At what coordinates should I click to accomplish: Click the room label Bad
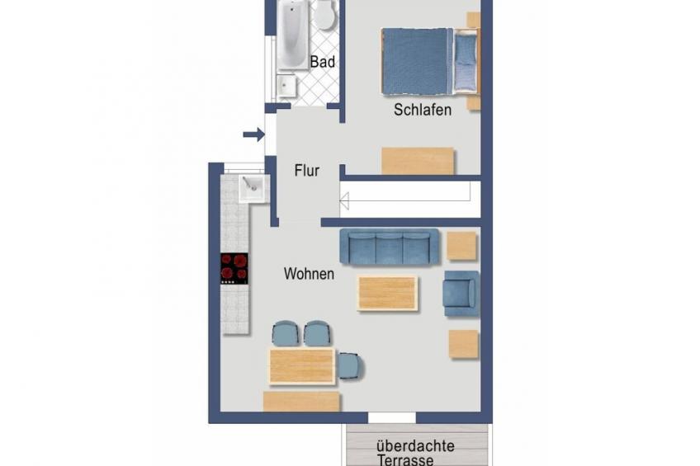[322, 62]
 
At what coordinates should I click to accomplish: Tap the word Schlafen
[423, 110]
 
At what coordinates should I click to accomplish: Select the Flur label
[307, 171]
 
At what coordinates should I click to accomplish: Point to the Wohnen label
[309, 273]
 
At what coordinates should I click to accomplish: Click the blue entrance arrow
[254, 134]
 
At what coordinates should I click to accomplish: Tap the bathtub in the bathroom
[293, 35]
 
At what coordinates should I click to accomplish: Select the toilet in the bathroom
[324, 16]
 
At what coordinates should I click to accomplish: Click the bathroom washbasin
[286, 86]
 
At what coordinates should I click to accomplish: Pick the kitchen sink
[253, 189]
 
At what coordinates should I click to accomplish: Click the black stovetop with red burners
[234, 268]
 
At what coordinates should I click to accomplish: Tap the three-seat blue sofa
[390, 246]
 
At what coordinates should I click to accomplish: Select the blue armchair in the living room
[461, 294]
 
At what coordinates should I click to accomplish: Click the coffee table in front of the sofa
[387, 293]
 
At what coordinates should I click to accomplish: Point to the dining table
[302, 366]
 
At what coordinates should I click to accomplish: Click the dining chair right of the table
[351, 366]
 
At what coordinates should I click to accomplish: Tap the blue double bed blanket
[416, 62]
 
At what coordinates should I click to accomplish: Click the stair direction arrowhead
[344, 200]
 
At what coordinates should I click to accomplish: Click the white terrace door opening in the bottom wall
[391, 418]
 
